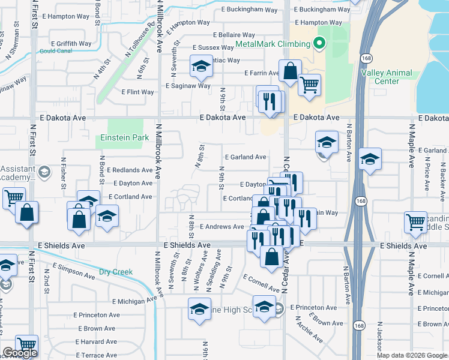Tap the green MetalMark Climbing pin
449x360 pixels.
(319, 43)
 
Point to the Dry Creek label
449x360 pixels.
(115, 272)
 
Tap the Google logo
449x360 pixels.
(19, 353)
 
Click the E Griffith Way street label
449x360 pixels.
(71, 44)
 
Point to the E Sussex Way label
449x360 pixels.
(213, 47)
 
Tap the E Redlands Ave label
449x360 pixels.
(129, 170)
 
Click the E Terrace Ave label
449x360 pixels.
(95, 355)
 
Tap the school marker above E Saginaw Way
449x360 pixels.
(201, 67)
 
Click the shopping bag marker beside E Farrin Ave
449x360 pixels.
(290, 71)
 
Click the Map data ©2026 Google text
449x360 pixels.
(412, 355)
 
